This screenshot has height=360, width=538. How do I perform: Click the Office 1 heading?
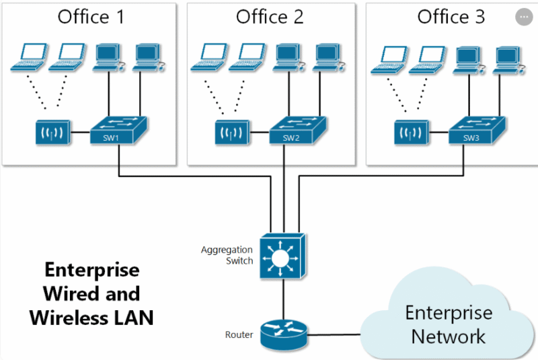91,17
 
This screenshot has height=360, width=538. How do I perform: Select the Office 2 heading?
270,17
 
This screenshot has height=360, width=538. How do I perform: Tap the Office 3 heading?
451,17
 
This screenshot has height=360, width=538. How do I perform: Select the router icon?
283,332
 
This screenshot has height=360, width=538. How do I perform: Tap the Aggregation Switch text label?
227,255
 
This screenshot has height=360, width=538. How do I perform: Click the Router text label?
239,334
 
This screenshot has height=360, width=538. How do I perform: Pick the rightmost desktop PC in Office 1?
145,57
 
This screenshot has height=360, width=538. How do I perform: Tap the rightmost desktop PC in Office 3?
506,58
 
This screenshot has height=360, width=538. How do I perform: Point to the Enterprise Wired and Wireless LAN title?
91,293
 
